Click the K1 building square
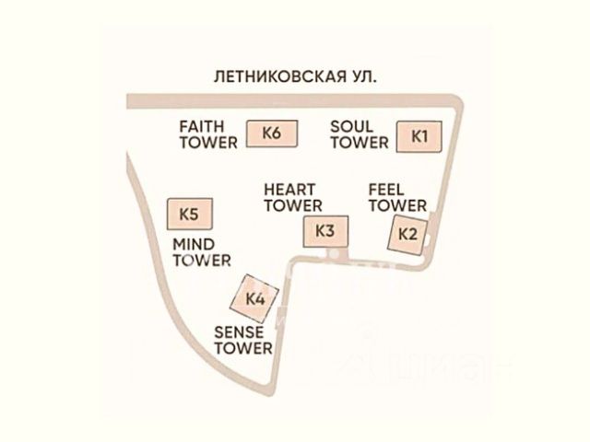[419, 135]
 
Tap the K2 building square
[407, 232]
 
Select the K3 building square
[324, 230]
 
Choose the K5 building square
[189, 214]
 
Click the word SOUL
[352, 126]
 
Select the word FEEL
[386, 189]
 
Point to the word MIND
[194, 244]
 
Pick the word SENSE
[240, 331]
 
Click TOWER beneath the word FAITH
[208, 143]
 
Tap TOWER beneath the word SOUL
[360, 143]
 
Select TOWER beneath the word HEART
[293, 205]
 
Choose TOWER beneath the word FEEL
[397, 205]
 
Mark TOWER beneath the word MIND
[202, 261]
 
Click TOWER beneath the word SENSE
[243, 348]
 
